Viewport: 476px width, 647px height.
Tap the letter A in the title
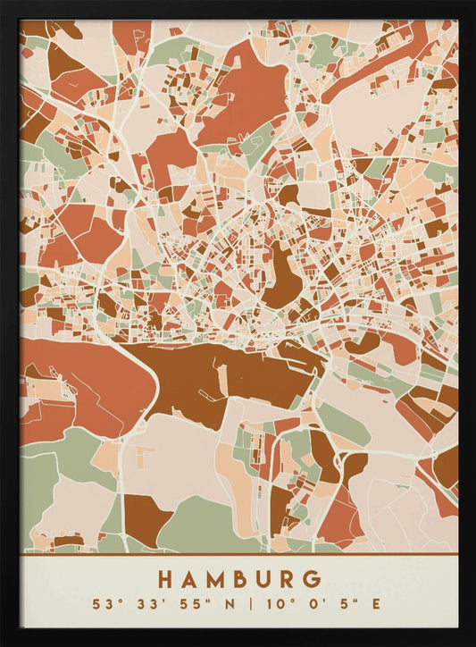(x=189, y=580)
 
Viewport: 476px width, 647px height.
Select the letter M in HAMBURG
(x=213, y=580)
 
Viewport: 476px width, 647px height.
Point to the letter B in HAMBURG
(x=238, y=580)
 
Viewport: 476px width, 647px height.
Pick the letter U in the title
(x=262, y=580)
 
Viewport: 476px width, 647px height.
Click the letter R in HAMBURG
(x=285, y=580)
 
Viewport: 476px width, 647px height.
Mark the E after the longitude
(x=376, y=605)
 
